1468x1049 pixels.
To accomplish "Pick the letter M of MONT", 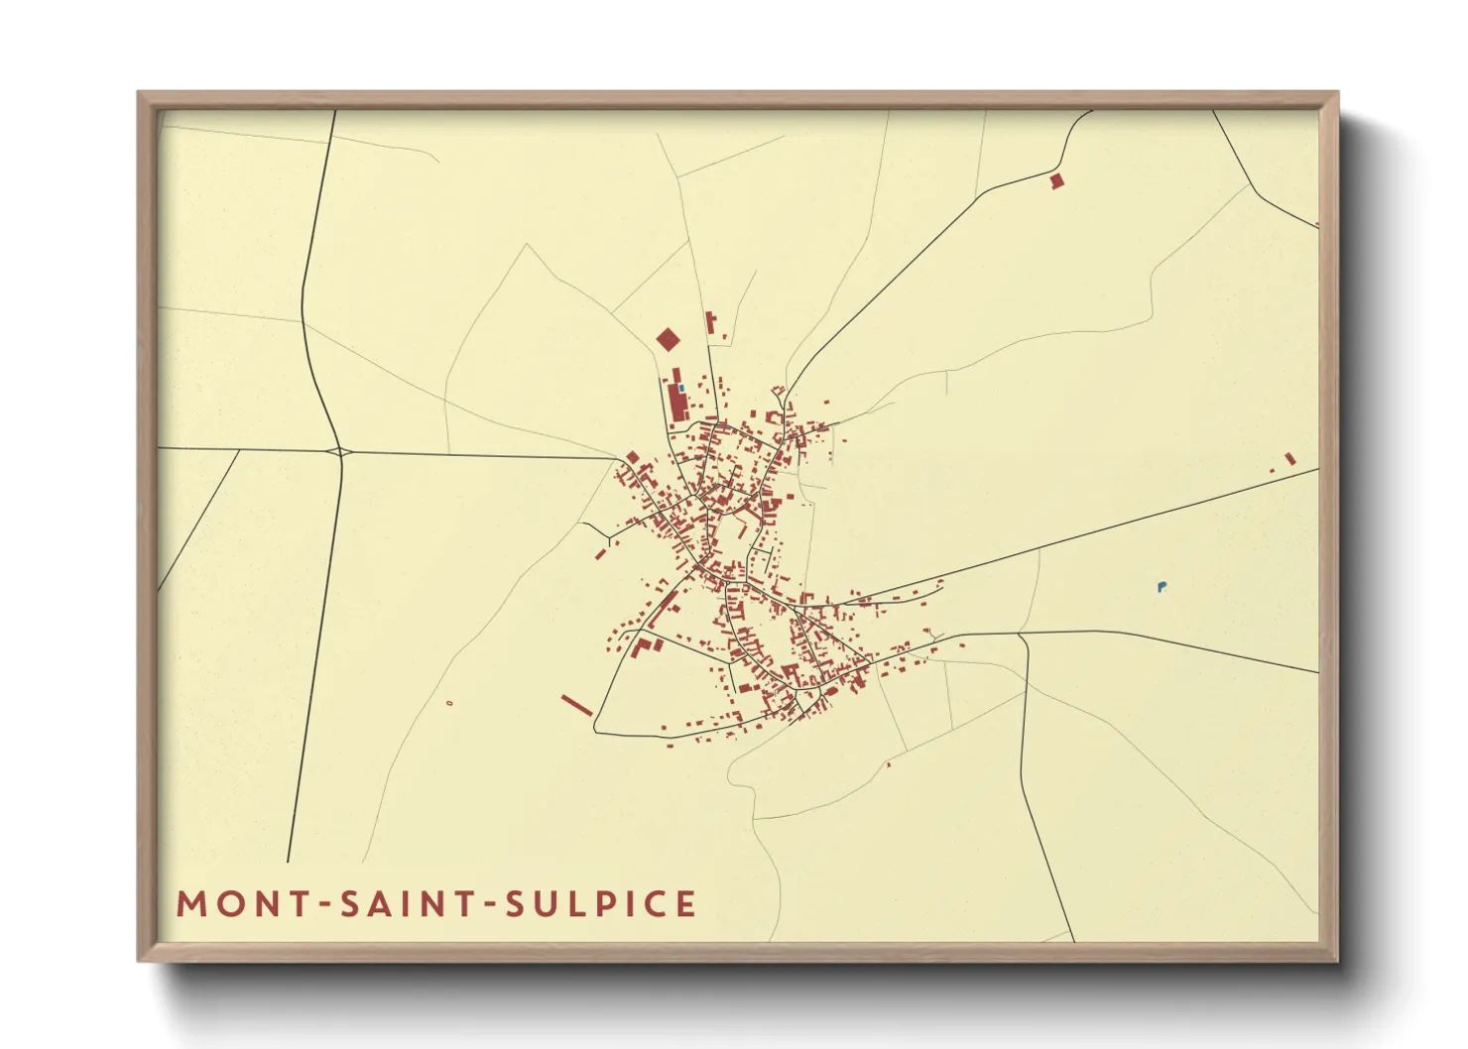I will pyautogui.click(x=191, y=904).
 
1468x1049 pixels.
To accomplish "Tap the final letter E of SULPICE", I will pyautogui.click(x=685, y=904).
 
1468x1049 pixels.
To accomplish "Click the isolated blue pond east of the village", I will pyautogui.click(x=1162, y=587).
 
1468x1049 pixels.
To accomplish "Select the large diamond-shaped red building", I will pyautogui.click(x=669, y=340).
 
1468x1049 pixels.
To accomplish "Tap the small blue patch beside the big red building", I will pyautogui.click(x=681, y=388).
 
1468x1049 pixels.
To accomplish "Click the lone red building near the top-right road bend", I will pyautogui.click(x=1056, y=181).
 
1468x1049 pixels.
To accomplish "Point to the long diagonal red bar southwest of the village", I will pyautogui.click(x=576, y=705).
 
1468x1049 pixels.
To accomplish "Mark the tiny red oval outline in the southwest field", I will pyautogui.click(x=450, y=703).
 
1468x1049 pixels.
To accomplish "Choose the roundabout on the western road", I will pyautogui.click(x=340, y=452).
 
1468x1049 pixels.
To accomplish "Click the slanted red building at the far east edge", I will pyautogui.click(x=1289, y=458).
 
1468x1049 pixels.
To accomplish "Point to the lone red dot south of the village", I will pyautogui.click(x=888, y=764).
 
